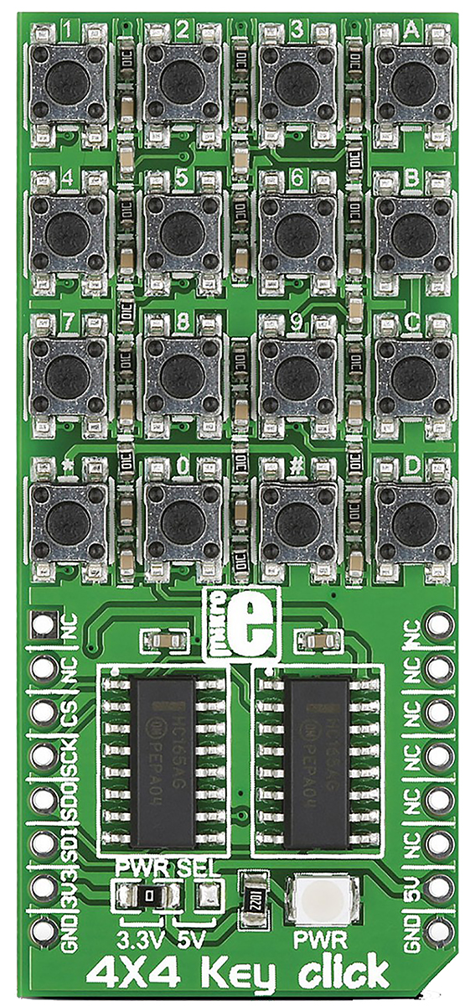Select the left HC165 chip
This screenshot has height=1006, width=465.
coord(163,756)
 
